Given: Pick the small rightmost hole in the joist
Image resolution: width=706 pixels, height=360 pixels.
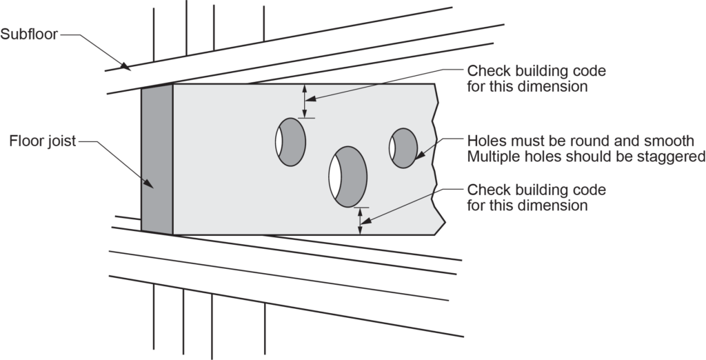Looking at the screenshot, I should coord(403,148).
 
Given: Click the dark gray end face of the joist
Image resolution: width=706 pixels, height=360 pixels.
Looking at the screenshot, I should coord(157,159).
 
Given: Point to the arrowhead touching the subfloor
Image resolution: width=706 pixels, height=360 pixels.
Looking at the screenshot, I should coord(125,67).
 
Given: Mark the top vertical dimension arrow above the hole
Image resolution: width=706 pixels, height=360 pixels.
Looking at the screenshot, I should coord(304,101).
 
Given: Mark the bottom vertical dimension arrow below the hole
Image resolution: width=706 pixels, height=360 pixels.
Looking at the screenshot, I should coord(359,221).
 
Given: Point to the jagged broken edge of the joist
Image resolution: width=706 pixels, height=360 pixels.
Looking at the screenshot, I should coord(436,159).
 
